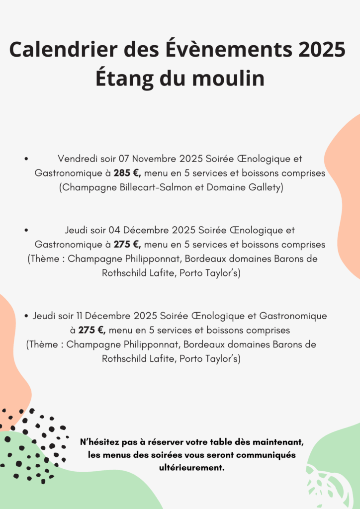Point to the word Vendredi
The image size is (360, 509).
coord(78,159)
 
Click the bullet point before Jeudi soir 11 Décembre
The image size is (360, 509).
coord(26,316)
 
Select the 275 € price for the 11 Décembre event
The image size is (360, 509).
coord(91,330)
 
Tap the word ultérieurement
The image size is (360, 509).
coord(191,468)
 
